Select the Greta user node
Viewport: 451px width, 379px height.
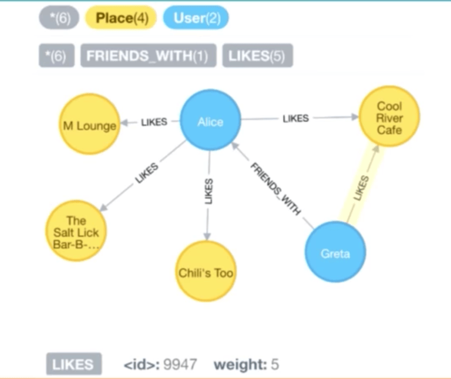335,253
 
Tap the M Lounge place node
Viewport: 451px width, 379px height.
89,124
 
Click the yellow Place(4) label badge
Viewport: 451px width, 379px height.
122,18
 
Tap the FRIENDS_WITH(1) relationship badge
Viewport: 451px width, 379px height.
148,56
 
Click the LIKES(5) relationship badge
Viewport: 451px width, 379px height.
257,56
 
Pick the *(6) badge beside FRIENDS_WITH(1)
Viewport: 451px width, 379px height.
56,56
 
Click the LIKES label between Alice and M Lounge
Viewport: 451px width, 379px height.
154,122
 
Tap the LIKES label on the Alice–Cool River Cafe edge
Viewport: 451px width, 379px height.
295,118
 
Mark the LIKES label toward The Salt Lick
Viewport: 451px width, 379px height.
146,174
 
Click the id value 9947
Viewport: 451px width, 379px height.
179,365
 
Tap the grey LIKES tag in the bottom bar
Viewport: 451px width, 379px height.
73,365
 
